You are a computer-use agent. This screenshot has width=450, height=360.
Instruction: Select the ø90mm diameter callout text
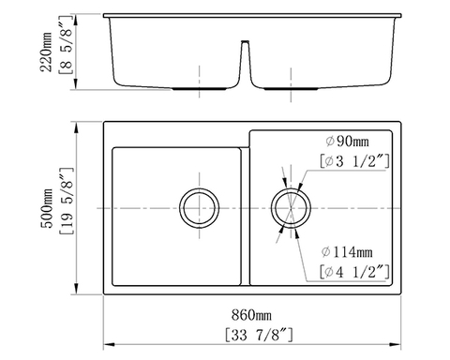pyautogui.click(x=343, y=141)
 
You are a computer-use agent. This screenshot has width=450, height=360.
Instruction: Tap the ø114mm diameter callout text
pyautogui.click(x=346, y=252)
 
